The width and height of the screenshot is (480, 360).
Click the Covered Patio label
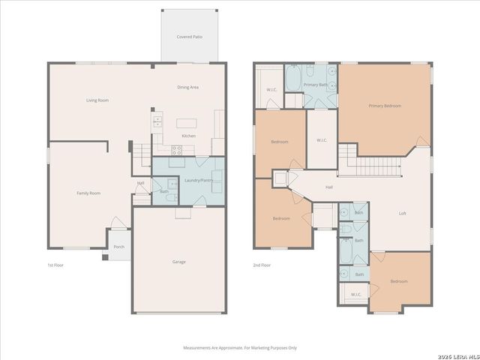[x=189, y=36]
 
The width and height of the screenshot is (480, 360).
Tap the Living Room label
[x=97, y=100]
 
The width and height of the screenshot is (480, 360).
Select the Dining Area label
[x=187, y=87]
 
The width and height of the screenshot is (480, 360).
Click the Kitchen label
[x=189, y=136]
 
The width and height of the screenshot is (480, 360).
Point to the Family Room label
[x=88, y=193]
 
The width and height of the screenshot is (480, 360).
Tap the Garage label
[x=178, y=262]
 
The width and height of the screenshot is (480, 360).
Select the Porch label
[x=118, y=247]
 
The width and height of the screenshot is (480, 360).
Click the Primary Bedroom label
[x=384, y=106]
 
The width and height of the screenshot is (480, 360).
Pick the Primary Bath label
[x=315, y=85]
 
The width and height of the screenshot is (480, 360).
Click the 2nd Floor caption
[x=262, y=265]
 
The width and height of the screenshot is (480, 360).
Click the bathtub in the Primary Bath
[x=293, y=78]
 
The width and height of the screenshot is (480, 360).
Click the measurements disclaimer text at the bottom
[x=240, y=347]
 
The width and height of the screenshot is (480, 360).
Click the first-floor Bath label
[x=164, y=191]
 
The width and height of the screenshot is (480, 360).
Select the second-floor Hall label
[x=328, y=187]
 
